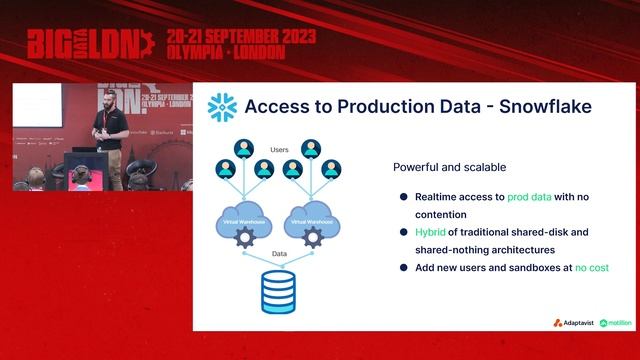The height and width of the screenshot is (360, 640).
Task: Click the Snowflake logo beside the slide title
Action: (221, 107)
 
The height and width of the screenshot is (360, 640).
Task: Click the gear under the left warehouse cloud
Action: (242, 237)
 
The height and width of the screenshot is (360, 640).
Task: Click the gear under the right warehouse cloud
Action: (312, 237)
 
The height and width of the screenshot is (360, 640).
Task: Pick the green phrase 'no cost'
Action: (591, 268)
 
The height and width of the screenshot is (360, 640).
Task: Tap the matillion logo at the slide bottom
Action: (616, 323)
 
